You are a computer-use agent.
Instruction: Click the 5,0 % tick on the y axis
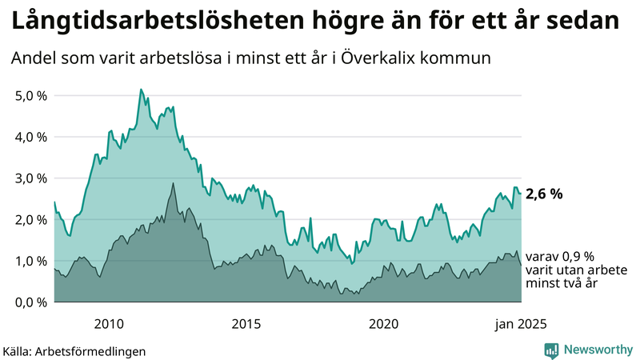(31, 95)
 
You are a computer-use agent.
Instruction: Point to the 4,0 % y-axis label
(31, 137)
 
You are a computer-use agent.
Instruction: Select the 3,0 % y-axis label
(31, 178)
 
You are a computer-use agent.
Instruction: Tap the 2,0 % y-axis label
(31, 219)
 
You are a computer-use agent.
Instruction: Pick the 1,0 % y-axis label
(31, 261)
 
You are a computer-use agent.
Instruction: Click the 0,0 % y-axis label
(31, 302)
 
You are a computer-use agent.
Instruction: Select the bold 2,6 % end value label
(545, 194)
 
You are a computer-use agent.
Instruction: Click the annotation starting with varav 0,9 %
(560, 270)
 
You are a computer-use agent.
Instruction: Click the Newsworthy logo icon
(551, 350)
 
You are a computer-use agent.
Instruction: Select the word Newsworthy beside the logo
(598, 350)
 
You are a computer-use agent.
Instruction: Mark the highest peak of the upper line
(141, 90)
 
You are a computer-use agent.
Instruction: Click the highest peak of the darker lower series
(172, 183)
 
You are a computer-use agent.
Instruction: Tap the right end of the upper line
(521, 194)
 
